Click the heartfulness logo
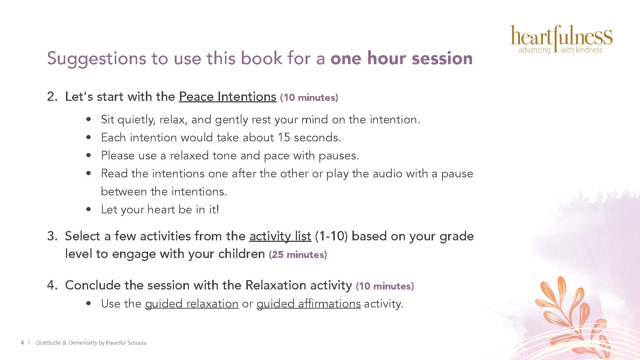coord(561,39)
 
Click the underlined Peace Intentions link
coord(228,97)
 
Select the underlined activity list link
coord(280,236)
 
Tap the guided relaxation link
coord(192,303)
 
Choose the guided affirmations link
coord(309,303)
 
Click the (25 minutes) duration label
coord(298,255)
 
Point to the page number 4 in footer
coord(22,343)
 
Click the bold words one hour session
coord(402,58)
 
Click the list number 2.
coord(52,97)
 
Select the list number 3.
coord(52,236)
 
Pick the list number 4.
coord(52,285)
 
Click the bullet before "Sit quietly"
coord(88,119)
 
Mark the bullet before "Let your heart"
coord(88,209)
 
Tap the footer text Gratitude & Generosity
coord(67,343)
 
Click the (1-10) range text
coord(331,236)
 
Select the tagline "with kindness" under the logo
coord(582,50)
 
